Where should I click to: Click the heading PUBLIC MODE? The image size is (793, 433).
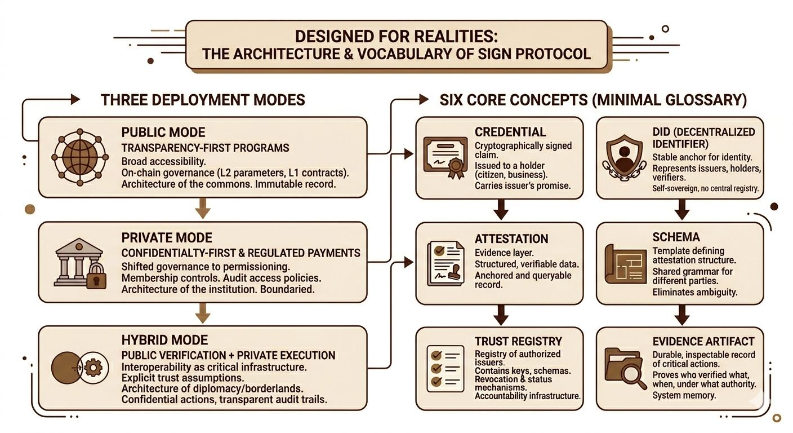point(163,132)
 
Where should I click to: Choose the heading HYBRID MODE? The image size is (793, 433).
point(164,340)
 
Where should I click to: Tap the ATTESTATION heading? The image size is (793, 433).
point(511,239)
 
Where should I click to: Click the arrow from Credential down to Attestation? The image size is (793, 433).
point(500,210)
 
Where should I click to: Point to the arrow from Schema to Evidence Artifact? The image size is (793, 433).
point(682,315)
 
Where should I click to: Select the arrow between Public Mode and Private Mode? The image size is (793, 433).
point(202,209)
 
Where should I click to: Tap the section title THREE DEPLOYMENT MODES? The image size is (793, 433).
point(203,100)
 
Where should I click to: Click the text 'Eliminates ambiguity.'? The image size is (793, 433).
point(694,292)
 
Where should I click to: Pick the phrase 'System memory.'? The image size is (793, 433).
point(684,395)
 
